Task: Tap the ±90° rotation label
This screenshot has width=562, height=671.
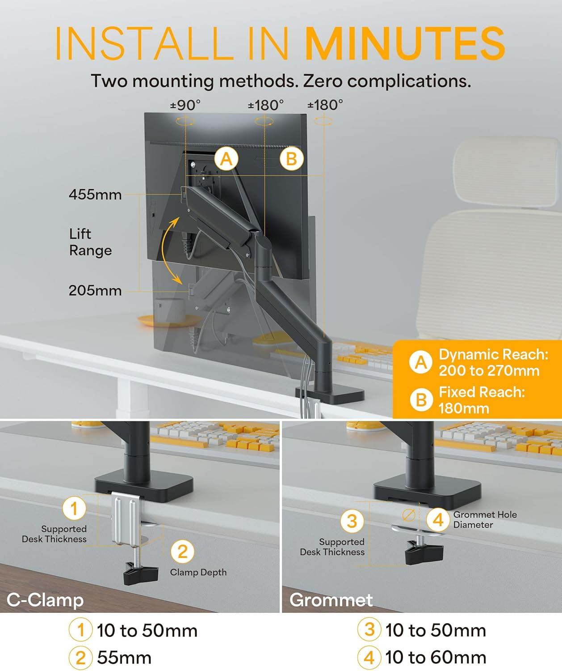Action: (185, 105)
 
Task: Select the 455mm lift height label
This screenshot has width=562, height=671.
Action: (95, 195)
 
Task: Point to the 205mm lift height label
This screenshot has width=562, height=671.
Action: (95, 291)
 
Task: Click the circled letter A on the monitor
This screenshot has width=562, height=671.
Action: (226, 159)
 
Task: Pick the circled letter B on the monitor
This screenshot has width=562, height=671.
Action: (291, 159)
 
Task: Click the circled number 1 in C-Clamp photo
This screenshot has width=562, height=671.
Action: (74, 508)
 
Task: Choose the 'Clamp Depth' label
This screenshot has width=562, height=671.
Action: (198, 572)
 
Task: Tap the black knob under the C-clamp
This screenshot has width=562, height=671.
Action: (141, 573)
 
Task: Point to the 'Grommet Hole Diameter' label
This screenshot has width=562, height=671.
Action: (484, 520)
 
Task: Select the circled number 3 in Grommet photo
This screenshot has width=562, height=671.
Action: (352, 521)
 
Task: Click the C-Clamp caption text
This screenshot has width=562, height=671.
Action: (45, 600)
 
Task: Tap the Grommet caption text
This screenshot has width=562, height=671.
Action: (331, 600)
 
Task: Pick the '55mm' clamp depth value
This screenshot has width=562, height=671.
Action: (124, 658)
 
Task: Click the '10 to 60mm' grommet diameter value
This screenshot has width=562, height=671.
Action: (436, 658)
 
